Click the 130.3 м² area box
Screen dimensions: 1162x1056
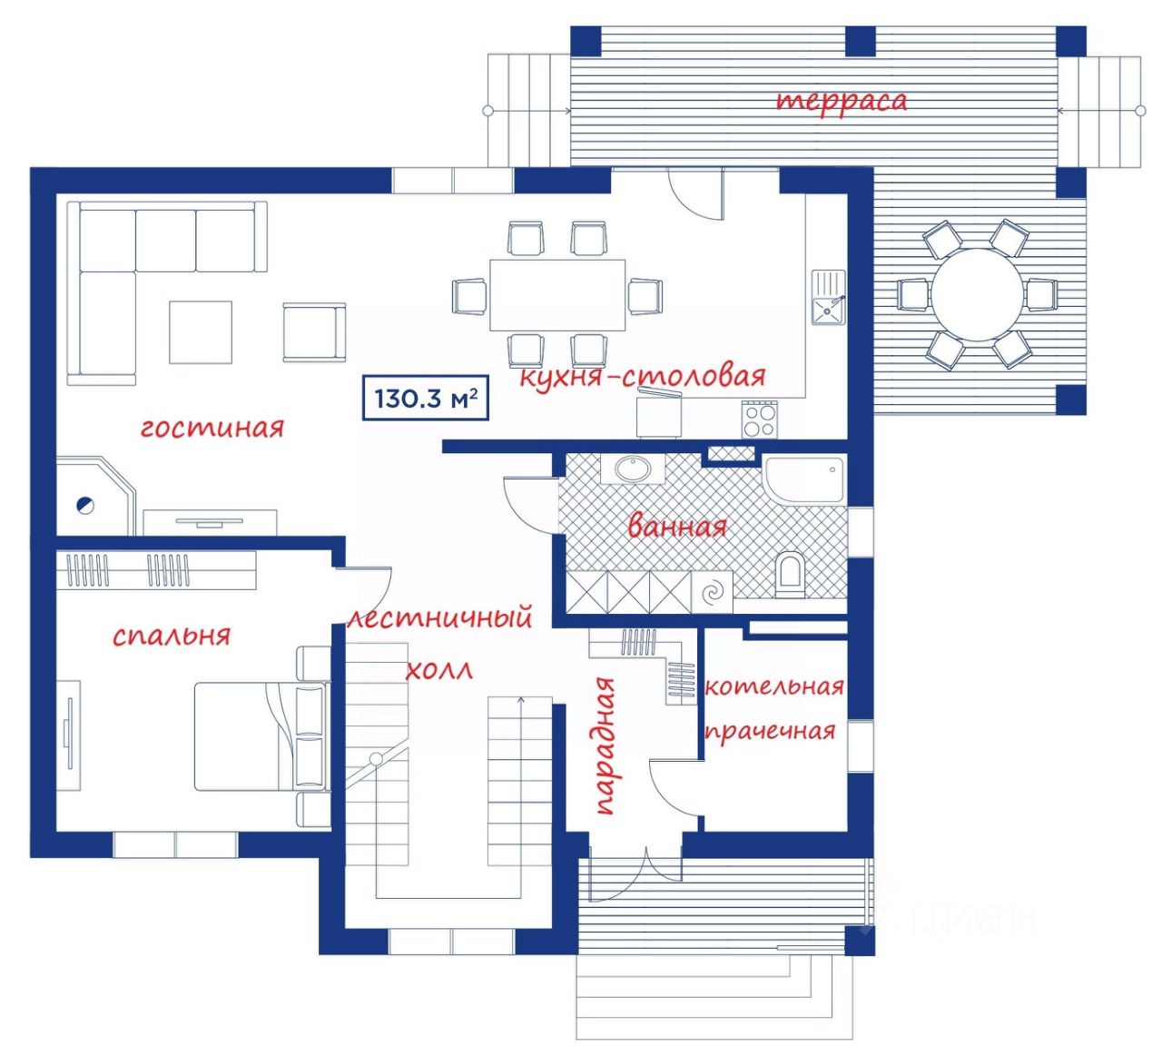coord(426,398)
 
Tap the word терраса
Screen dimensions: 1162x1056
coord(842,101)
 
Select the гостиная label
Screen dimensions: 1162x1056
coord(212,427)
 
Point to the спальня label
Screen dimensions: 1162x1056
coord(172,635)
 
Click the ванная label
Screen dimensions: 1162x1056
coord(677,526)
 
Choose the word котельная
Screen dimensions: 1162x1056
coord(774,686)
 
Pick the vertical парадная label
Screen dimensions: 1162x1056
coord(605,745)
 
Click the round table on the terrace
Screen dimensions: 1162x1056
coord(977,295)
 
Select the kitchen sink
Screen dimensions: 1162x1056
coord(828,297)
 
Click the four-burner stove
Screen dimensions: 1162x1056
coord(759,419)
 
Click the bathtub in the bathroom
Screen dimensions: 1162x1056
coord(803,478)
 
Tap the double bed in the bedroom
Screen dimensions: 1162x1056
coord(259,736)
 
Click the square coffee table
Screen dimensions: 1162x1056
coord(201,331)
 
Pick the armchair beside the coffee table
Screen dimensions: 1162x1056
coord(313,332)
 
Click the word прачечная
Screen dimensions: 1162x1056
coord(770,732)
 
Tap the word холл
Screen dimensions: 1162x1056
coord(438,671)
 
